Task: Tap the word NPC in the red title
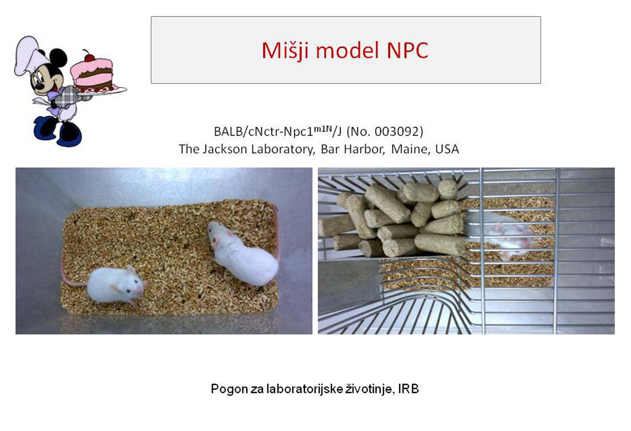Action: tap(407, 50)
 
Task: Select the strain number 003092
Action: tap(397, 132)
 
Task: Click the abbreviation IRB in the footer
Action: tap(408, 389)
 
